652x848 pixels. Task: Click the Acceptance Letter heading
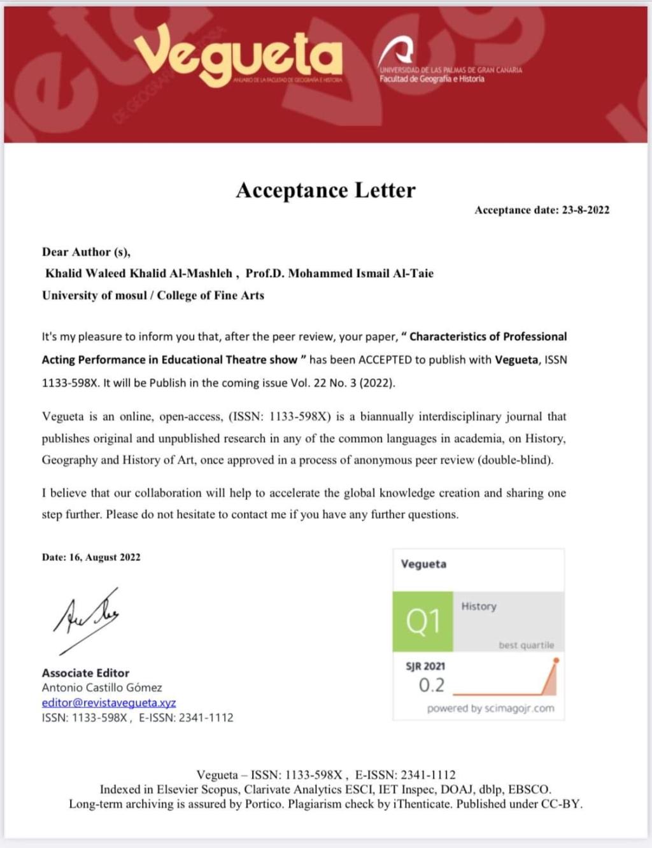tap(325, 190)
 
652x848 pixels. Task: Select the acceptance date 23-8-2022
tap(585, 210)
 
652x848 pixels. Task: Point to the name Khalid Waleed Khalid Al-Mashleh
tap(139, 274)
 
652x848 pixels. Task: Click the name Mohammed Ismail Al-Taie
tap(360, 274)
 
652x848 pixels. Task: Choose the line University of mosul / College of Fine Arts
tap(153, 295)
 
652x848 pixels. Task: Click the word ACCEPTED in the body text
tap(385, 360)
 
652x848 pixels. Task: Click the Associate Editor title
tap(85, 673)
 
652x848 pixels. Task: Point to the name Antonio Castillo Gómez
tap(102, 688)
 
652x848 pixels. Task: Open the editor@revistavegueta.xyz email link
tap(109, 703)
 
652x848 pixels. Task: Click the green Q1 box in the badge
tap(423, 621)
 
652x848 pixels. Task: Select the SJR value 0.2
tap(432, 686)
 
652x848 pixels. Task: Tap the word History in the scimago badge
tap(479, 607)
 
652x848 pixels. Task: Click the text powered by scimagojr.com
tap(490, 709)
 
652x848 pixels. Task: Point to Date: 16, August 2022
tap(91, 557)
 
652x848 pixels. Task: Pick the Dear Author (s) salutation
tap(86, 252)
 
